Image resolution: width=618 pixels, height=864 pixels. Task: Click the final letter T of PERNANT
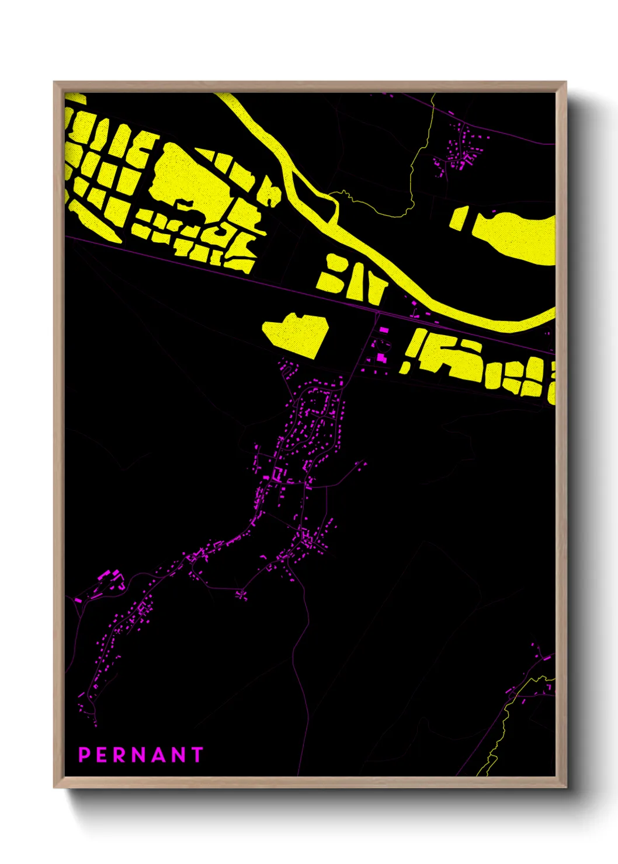pyautogui.click(x=197, y=755)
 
